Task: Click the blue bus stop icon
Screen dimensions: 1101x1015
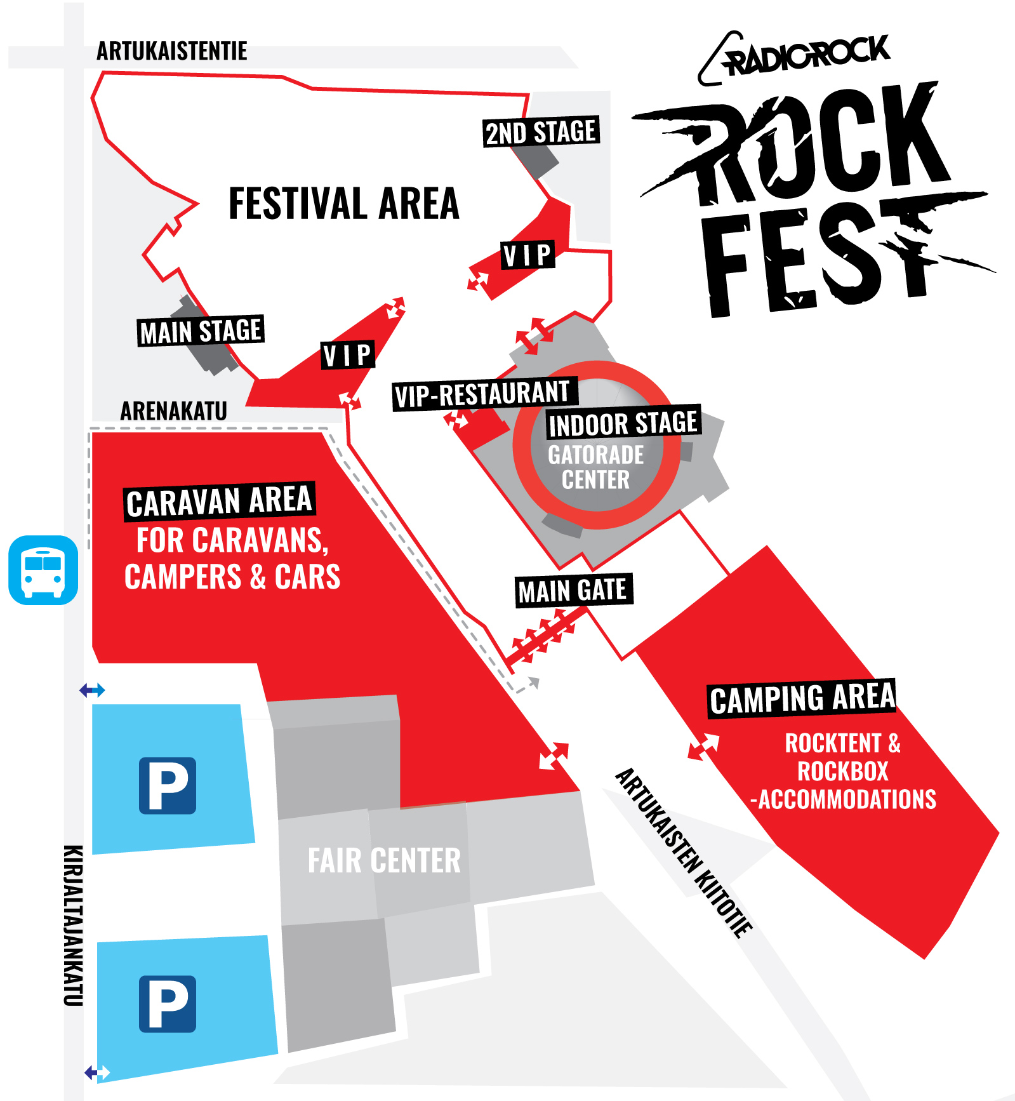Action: (43, 570)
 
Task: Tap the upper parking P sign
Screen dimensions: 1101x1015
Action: (168, 785)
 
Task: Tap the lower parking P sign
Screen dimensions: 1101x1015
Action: (168, 1004)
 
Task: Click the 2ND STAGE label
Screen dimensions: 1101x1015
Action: (541, 132)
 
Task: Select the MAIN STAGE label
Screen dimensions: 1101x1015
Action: (201, 331)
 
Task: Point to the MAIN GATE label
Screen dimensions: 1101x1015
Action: (573, 591)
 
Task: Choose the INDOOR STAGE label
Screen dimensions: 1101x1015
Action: (623, 423)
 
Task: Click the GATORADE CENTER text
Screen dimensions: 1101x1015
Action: (595, 467)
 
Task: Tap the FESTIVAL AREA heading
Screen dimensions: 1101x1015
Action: (343, 204)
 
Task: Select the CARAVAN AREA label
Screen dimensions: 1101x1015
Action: (219, 501)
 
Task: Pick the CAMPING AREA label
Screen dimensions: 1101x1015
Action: (802, 698)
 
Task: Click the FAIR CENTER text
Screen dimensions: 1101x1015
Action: (384, 861)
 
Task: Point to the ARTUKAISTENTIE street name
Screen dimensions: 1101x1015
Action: (171, 51)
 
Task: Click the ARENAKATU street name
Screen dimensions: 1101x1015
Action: (173, 411)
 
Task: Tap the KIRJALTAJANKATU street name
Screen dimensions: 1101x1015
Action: (74, 925)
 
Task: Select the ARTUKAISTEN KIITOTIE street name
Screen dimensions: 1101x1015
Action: (684, 853)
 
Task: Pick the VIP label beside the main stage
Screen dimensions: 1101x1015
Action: (347, 355)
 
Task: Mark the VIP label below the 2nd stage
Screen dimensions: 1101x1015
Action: (527, 255)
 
